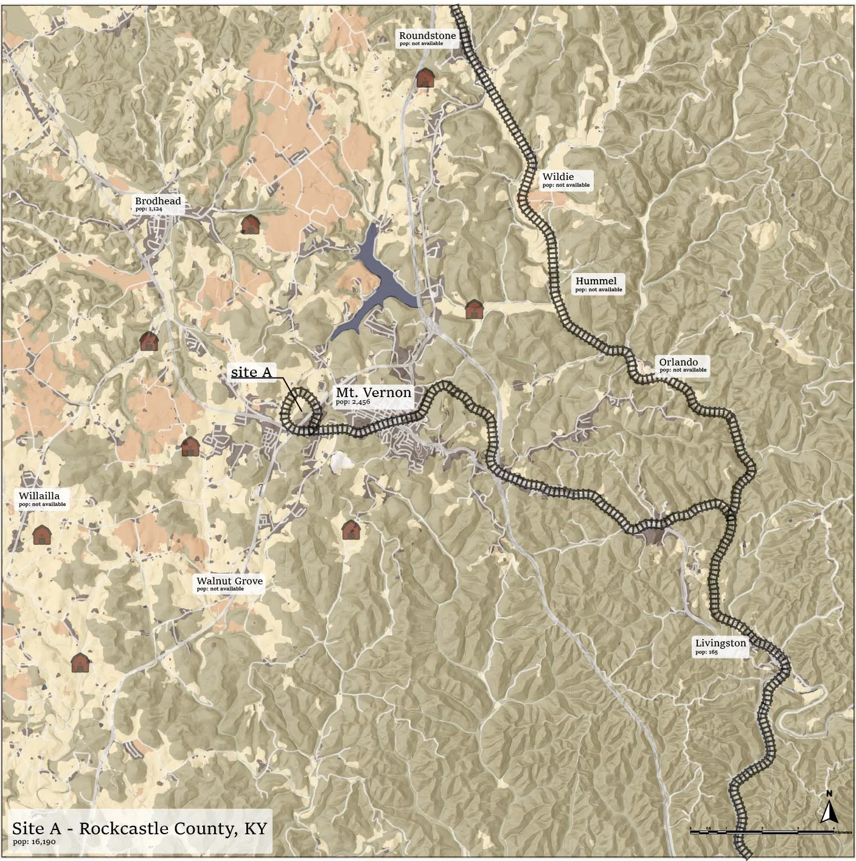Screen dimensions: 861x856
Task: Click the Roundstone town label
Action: coord(427,36)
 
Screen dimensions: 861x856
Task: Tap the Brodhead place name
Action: coord(158,201)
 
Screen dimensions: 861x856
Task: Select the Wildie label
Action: coord(558,177)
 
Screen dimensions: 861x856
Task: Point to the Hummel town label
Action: coord(596,281)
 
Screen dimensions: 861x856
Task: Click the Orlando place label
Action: coord(678,362)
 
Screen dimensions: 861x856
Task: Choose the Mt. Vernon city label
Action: coord(373,393)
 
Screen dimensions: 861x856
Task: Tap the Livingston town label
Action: coord(720,643)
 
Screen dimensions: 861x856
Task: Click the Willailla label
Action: coord(39,496)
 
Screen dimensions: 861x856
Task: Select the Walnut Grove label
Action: coord(229,581)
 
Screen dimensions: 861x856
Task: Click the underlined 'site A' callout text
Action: coord(251,372)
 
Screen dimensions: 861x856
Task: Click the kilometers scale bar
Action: coord(761,830)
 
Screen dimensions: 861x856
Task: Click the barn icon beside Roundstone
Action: coord(425,78)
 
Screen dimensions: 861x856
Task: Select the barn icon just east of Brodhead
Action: coord(250,224)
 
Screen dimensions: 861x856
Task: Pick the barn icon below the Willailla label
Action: coord(41,535)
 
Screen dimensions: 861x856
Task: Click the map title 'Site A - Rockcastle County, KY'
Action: coord(139,828)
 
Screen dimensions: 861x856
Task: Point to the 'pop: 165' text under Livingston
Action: coord(706,652)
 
